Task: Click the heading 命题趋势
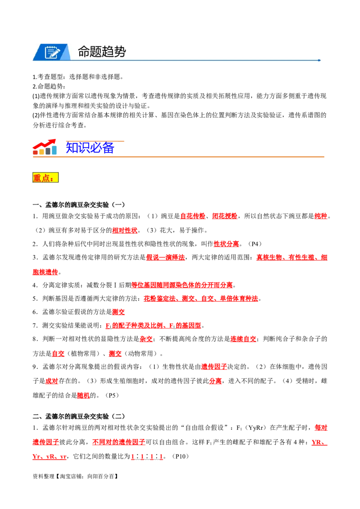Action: tap(102, 52)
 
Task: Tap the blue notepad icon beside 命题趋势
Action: tap(52, 52)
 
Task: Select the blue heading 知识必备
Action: tap(90, 147)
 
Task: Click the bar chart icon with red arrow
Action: tap(45, 147)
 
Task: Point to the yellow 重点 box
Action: tap(45, 178)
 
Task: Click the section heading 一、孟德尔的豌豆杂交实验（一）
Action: tap(79, 205)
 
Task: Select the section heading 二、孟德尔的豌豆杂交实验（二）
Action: tap(79, 416)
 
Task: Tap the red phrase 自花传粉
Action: tap(193, 216)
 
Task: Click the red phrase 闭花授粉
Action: tap(225, 216)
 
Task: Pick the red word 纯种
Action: tap(321, 216)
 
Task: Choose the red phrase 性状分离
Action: tap(226, 244)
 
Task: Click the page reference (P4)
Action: tap(255, 244)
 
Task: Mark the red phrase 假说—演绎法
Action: tap(166, 257)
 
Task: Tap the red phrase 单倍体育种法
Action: tap(239, 299)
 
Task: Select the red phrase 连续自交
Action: tap(243, 339)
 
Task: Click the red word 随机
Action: tap(84, 395)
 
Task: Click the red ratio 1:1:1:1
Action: tap(147, 457)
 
